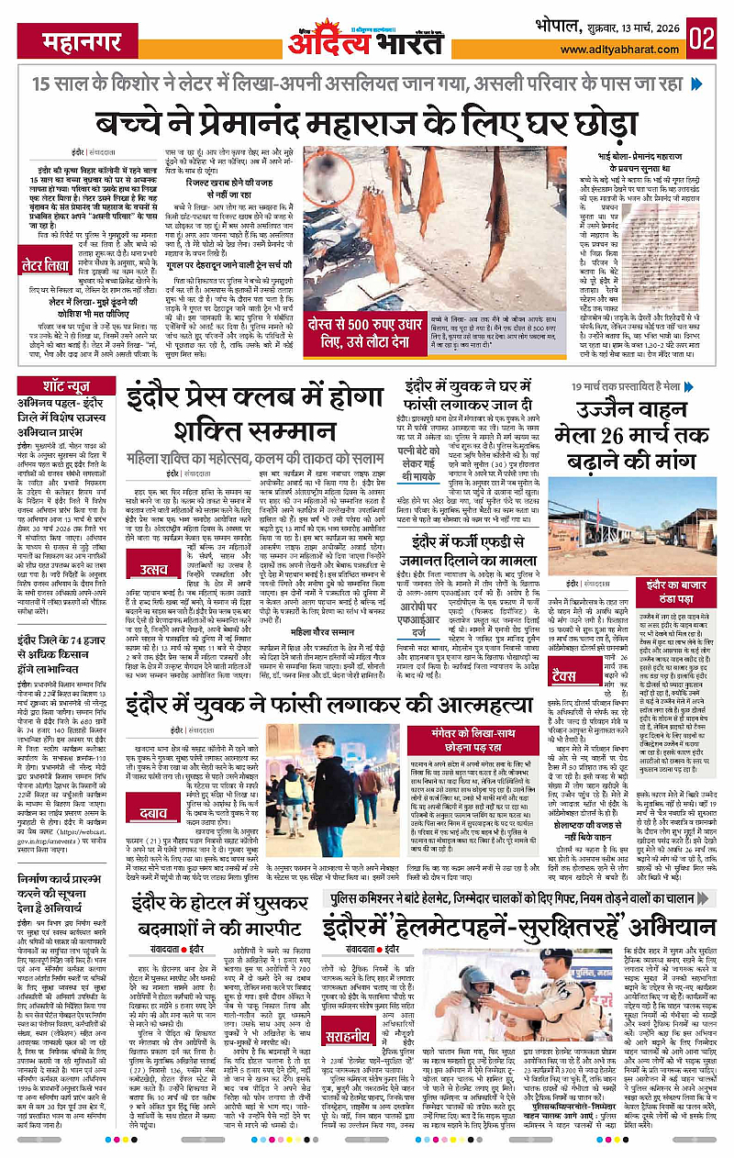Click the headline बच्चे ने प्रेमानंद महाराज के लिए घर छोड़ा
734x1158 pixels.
tap(368, 119)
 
